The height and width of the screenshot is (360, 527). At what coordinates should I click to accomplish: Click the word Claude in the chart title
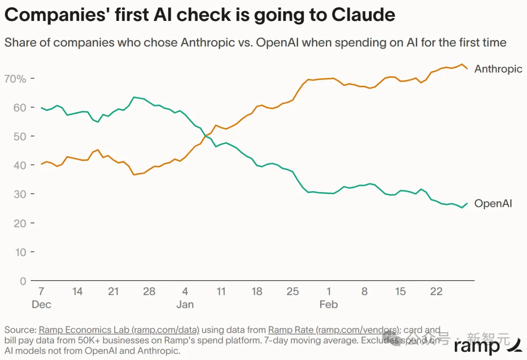point(364,15)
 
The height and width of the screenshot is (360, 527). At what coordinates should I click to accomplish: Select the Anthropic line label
point(498,69)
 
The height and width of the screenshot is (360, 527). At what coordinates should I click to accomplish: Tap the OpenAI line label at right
point(493,203)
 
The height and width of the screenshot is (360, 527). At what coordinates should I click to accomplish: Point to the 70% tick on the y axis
point(15,79)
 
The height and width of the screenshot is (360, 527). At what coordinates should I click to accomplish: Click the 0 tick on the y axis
point(22,281)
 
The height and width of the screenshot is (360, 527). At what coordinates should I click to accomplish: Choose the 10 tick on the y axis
point(20,252)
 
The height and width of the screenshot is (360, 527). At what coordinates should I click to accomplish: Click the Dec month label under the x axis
point(41,304)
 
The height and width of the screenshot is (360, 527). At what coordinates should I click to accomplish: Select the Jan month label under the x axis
point(185,304)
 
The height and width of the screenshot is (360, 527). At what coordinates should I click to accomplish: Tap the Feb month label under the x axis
point(328,304)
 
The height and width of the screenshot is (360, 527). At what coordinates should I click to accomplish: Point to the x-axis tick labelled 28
point(149,292)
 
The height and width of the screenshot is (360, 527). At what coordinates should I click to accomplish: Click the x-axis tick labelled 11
point(221,292)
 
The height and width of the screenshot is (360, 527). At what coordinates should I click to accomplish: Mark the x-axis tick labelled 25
point(293,292)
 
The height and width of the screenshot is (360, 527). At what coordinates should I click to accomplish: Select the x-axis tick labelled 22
point(436,292)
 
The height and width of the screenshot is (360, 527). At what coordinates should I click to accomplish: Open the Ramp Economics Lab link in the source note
point(119,330)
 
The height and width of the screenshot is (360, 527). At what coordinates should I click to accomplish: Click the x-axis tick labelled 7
point(41,292)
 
